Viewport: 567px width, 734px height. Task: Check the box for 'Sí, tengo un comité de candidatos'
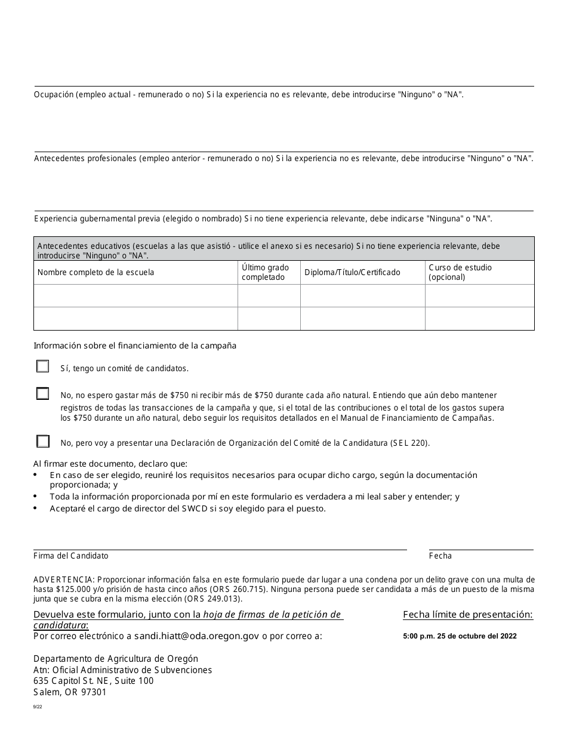42,366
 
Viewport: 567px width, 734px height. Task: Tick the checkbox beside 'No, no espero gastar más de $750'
42,394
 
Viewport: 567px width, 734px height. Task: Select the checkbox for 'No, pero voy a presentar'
42,442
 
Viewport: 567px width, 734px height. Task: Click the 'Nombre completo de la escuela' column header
95,273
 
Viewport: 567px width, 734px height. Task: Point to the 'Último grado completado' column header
265,272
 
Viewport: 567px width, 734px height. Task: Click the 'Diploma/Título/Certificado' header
352,273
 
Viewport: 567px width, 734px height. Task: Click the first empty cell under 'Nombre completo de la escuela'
135,296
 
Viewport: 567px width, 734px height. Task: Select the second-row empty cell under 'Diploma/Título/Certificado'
362,319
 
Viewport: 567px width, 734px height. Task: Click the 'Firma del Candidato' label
71,556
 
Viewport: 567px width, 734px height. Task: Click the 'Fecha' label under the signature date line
440,556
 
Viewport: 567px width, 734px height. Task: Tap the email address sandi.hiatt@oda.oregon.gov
196,636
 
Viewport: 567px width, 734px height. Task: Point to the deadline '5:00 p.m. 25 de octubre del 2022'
460,636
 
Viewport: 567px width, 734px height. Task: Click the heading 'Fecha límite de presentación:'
468,615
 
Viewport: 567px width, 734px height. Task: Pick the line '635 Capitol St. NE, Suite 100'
93,681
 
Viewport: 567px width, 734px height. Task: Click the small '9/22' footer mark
38,707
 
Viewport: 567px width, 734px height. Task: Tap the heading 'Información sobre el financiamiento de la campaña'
135,346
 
